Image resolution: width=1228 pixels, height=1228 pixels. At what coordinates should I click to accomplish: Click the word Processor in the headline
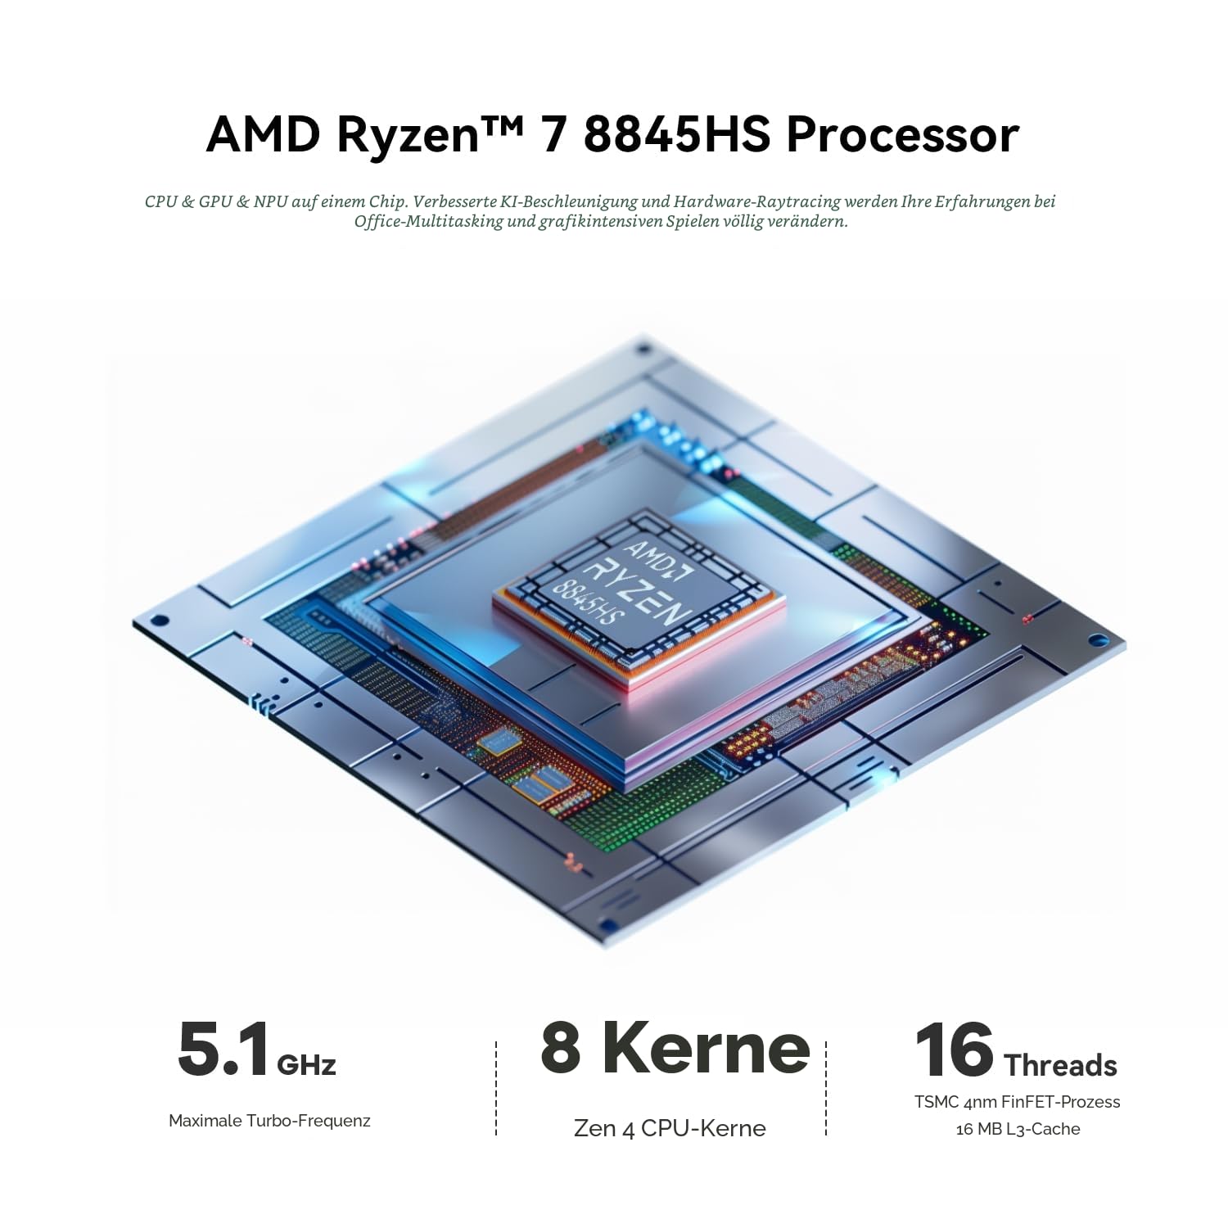pyautogui.click(x=902, y=135)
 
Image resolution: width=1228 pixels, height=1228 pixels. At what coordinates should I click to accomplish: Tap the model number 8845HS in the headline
pyautogui.click(x=676, y=135)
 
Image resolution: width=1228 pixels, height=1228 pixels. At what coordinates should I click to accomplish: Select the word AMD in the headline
pyautogui.click(x=263, y=135)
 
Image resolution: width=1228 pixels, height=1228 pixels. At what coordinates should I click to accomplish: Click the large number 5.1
pyautogui.click(x=223, y=1050)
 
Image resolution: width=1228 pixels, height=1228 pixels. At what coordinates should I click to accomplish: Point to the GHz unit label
pyautogui.click(x=307, y=1064)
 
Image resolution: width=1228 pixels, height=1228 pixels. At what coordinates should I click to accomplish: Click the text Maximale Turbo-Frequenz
pyautogui.click(x=269, y=1121)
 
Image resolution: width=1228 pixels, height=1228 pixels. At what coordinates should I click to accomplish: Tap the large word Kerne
pyautogui.click(x=706, y=1048)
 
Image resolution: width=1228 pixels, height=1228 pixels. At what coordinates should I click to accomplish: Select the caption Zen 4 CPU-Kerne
pyautogui.click(x=670, y=1128)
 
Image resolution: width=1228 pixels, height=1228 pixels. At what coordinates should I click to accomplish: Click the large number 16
pyautogui.click(x=955, y=1050)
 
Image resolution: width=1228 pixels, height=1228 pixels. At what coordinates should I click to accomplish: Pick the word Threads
pyautogui.click(x=1060, y=1065)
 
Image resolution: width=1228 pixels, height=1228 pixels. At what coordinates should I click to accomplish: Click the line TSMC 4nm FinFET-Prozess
pyautogui.click(x=1018, y=1102)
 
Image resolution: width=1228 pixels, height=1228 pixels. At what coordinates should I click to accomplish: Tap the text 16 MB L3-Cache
pyautogui.click(x=1018, y=1129)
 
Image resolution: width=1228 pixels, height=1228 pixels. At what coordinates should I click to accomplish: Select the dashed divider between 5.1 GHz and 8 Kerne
pyautogui.click(x=496, y=1088)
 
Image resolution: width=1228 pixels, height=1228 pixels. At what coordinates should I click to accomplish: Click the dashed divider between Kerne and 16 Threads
pyautogui.click(x=826, y=1088)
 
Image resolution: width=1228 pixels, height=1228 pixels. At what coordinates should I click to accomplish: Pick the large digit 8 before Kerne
pyautogui.click(x=561, y=1048)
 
